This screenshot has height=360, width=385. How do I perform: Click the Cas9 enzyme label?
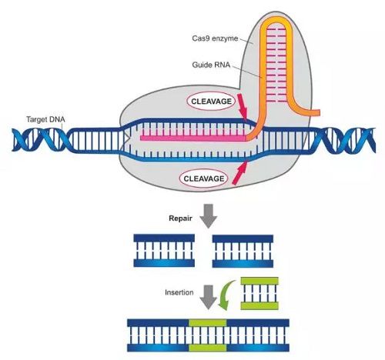click(x=215, y=38)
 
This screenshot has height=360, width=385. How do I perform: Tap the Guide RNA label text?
click(x=211, y=65)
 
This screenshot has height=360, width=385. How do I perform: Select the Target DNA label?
click(x=45, y=119)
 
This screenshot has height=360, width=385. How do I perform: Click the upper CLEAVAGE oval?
click(x=211, y=102)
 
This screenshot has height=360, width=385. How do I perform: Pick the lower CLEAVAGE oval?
click(x=203, y=178)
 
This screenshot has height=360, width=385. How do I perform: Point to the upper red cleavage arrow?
click(x=243, y=106)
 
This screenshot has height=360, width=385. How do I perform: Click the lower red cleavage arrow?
click(x=240, y=173)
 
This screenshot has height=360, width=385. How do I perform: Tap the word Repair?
click(x=180, y=218)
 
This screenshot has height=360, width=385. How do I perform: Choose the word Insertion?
click(x=179, y=292)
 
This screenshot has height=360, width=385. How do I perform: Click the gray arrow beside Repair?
click(x=209, y=216)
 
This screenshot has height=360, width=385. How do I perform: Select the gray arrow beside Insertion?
click(x=209, y=297)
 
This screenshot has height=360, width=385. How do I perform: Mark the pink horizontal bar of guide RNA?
click(x=193, y=138)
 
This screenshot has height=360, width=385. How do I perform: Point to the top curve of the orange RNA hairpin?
click(x=276, y=20)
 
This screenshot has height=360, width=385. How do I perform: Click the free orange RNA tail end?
click(x=318, y=112)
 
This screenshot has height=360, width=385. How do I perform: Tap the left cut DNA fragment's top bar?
click(x=164, y=238)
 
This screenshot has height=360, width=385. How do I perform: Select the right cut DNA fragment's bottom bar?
click(x=243, y=264)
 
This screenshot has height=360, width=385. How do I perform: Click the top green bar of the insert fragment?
click(x=259, y=281)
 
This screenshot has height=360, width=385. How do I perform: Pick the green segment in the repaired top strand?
click(x=208, y=323)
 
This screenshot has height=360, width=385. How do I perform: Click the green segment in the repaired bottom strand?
click(x=208, y=348)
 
